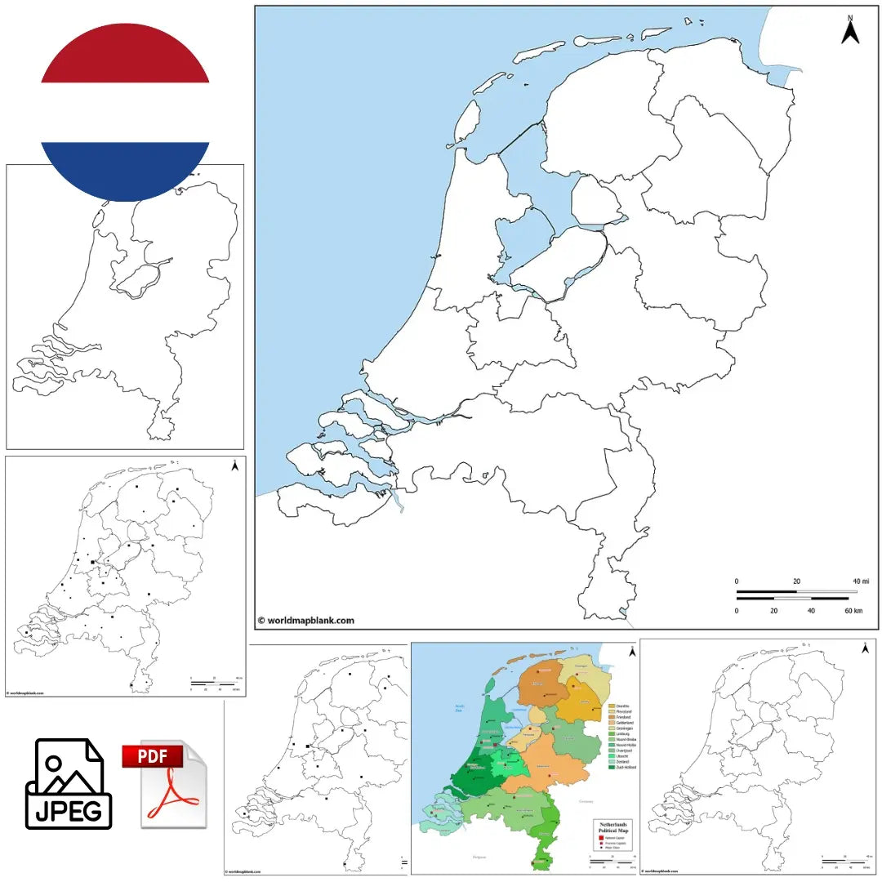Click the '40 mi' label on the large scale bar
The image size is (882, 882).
(861, 581)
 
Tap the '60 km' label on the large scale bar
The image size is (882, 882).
(854, 610)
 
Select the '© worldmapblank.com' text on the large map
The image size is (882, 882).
(306, 620)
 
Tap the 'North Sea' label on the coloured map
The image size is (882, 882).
(459, 708)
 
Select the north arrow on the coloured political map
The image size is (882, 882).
(630, 651)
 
